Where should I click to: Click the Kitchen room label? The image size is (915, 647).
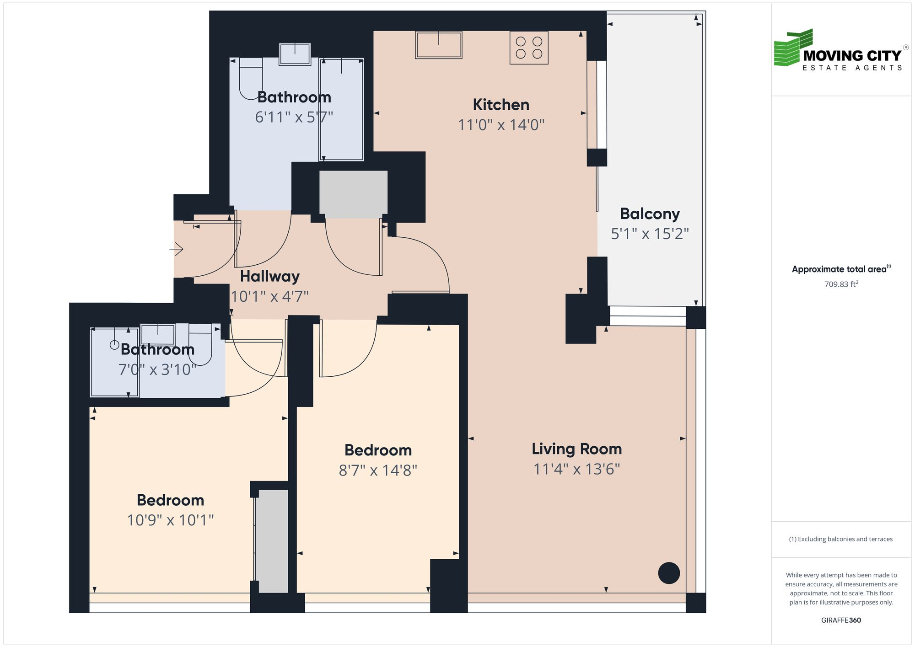pos(501,105)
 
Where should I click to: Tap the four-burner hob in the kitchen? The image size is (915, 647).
pos(529,48)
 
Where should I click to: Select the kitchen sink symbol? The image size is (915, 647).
pos(438,45)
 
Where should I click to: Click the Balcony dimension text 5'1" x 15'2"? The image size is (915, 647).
pos(650,234)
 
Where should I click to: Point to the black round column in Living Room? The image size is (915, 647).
pos(669,573)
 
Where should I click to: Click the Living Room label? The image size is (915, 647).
pos(576,449)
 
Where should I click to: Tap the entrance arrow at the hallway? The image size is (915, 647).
pos(177,249)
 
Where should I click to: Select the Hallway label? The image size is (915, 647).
pos(269,276)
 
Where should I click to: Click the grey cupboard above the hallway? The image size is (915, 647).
pos(353,194)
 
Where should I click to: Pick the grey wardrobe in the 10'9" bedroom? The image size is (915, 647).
pos(271,541)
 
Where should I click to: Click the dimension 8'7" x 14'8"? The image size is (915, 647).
pos(378,471)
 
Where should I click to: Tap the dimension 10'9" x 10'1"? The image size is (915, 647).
pos(170,520)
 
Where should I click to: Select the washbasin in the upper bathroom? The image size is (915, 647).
pos(295,54)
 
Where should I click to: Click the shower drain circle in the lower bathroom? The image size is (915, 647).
pos(114,345)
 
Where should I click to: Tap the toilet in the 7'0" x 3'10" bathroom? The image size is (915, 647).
pos(200,343)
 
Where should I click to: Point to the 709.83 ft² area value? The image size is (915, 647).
pos(841,284)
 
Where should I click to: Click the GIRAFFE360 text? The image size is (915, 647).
pos(841,620)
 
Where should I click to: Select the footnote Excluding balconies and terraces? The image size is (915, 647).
pos(841,539)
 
